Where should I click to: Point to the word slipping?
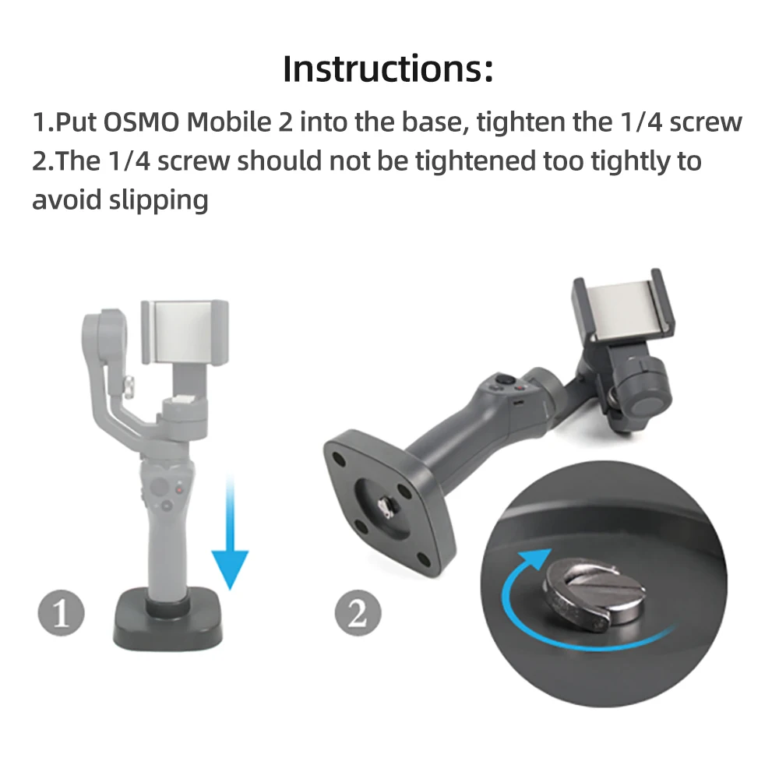pyautogui.click(x=159, y=200)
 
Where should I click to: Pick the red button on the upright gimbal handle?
pyautogui.click(x=182, y=490)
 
